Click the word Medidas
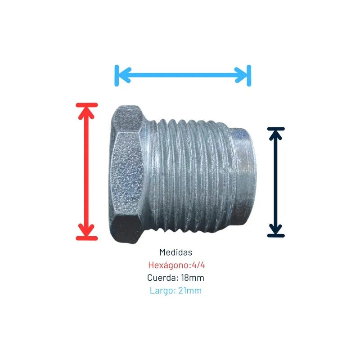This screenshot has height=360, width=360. point(175,252)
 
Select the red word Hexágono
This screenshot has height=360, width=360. point(170,265)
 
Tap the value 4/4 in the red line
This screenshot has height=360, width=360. point(198,265)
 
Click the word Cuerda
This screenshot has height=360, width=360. point(163,278)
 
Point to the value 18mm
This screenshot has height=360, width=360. point(193,278)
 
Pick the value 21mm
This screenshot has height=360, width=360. point(190,291)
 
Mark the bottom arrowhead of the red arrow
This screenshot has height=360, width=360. point(86,230)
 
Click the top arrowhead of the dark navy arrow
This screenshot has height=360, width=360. point(275,135)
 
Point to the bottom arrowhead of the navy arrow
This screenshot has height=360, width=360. point(275,229)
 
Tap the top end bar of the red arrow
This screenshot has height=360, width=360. point(87,105)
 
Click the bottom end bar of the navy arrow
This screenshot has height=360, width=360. point(276,235)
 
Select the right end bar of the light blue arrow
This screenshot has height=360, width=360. point(249,76)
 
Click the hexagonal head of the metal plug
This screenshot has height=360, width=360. point(127,174)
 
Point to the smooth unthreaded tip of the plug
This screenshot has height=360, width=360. point(244,177)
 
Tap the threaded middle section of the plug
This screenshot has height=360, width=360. point(188,175)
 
